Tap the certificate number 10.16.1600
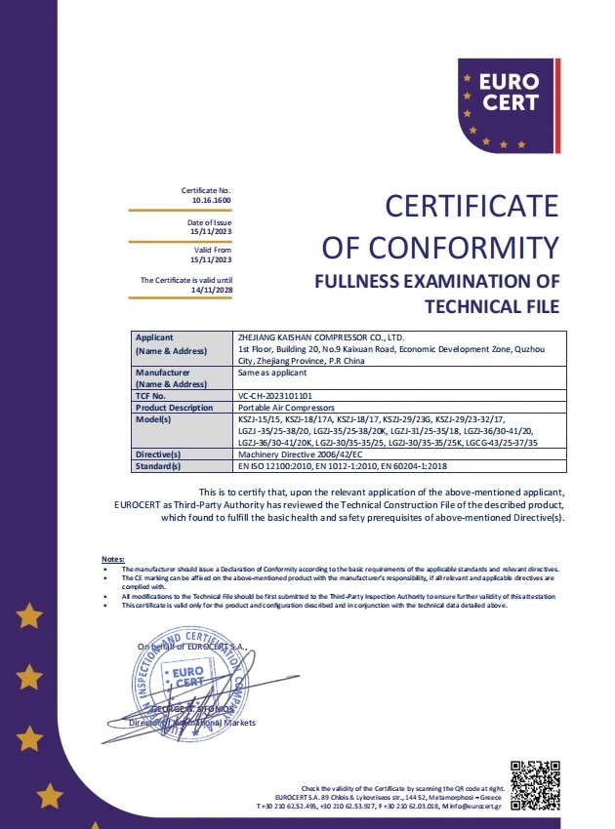[212, 199]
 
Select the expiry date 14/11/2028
[212, 290]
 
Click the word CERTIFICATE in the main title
[471, 207]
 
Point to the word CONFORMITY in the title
[483, 247]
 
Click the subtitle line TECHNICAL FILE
[493, 307]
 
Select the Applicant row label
[155, 337]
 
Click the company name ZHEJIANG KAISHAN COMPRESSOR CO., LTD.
[319, 337]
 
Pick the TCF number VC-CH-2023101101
[282, 396]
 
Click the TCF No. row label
[151, 396]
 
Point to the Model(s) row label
[153, 419]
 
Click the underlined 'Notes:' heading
[113, 557]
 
